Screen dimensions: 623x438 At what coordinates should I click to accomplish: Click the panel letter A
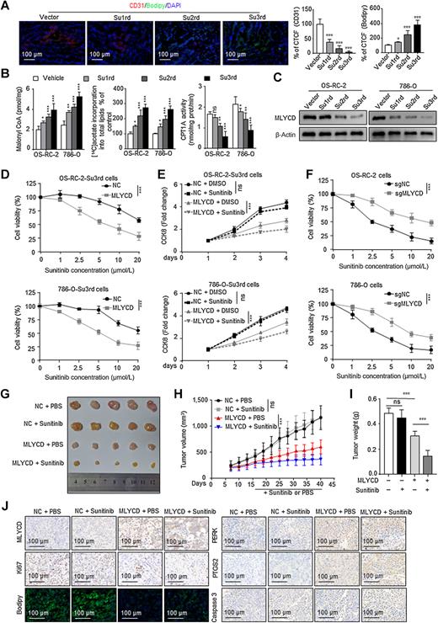[6, 6]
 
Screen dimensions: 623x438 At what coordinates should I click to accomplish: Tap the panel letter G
[6, 390]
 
